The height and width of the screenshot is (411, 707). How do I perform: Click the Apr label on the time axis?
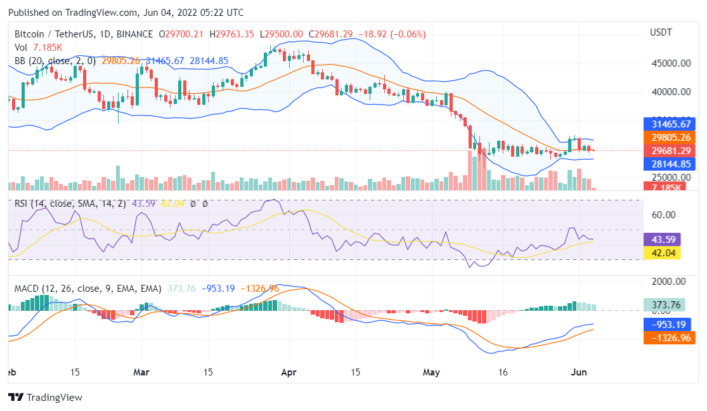289,372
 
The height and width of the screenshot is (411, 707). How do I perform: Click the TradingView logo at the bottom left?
45,398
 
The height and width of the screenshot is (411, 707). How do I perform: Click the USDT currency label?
661,32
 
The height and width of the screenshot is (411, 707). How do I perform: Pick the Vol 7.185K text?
39,48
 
